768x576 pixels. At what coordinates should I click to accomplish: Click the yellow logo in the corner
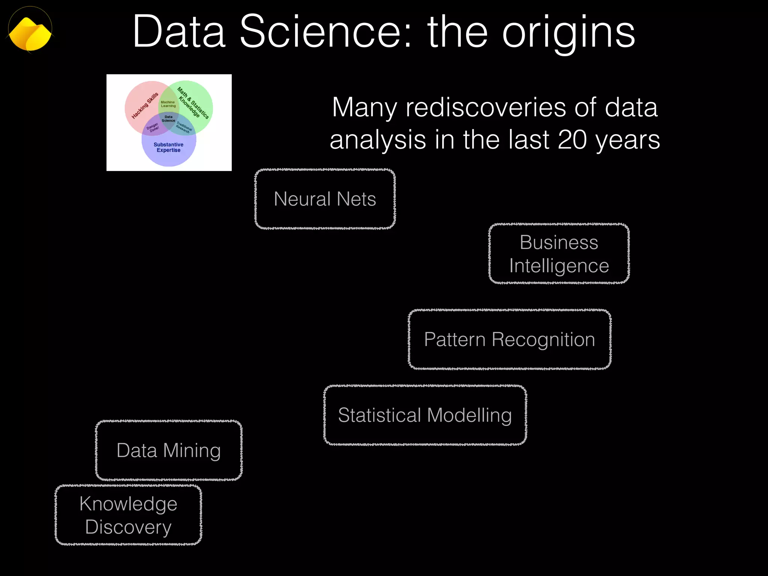[30, 33]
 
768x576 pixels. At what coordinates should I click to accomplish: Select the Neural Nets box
[325, 199]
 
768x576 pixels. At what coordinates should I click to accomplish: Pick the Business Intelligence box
[559, 253]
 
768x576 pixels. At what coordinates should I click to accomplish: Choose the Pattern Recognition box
[509, 339]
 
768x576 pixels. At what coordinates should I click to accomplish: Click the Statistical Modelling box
[425, 415]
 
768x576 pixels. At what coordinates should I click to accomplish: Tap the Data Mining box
[169, 450]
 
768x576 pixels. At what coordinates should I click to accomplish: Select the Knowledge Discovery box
[128, 515]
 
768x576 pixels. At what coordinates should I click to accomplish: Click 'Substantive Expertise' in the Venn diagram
[168, 147]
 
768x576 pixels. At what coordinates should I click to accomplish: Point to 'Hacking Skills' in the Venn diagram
[145, 106]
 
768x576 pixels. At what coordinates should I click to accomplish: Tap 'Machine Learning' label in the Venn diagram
[168, 104]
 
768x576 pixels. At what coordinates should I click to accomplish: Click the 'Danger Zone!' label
[153, 127]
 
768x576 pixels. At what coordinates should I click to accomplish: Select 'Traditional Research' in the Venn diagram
[184, 127]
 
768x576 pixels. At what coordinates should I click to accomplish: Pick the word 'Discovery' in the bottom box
[128, 527]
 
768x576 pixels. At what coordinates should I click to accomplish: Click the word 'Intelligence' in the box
[559, 266]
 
